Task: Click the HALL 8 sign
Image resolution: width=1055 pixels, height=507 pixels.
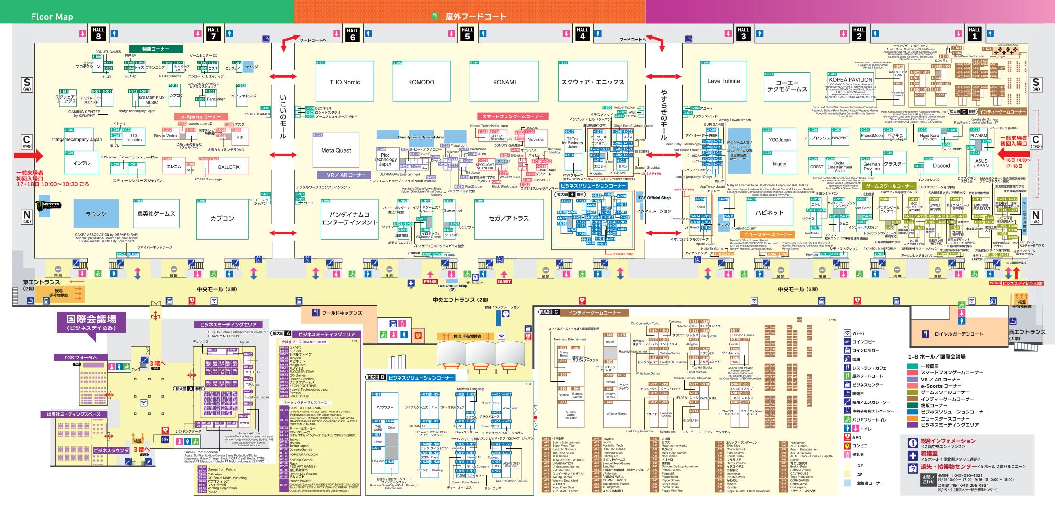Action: [98, 33]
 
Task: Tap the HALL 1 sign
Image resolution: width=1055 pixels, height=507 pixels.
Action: [975, 33]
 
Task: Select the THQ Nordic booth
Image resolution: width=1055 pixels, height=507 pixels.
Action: [344, 82]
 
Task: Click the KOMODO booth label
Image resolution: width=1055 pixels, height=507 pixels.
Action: [421, 82]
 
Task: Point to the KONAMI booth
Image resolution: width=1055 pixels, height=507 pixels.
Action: [504, 82]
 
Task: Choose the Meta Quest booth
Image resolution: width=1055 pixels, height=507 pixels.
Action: [336, 150]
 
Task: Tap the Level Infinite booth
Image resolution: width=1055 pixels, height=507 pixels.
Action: [723, 81]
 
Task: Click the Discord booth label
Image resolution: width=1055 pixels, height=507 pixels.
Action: [941, 166]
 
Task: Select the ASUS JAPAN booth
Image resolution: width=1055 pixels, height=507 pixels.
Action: [981, 163]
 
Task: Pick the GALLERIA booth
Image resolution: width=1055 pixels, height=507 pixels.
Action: [228, 167]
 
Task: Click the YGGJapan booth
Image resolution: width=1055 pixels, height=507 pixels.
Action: [779, 140]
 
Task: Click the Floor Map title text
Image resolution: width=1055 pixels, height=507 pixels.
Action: [52, 17]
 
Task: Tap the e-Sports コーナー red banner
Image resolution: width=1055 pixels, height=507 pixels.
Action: [201, 116]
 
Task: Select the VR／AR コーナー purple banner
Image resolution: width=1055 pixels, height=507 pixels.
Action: [346, 175]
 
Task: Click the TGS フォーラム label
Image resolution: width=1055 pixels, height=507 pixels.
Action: [81, 357]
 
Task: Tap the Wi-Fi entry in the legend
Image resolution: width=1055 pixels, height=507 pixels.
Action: [858, 333]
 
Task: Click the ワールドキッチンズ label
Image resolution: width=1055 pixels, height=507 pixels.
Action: [342, 313]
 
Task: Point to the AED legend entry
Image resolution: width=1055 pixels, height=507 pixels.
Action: [857, 437]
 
